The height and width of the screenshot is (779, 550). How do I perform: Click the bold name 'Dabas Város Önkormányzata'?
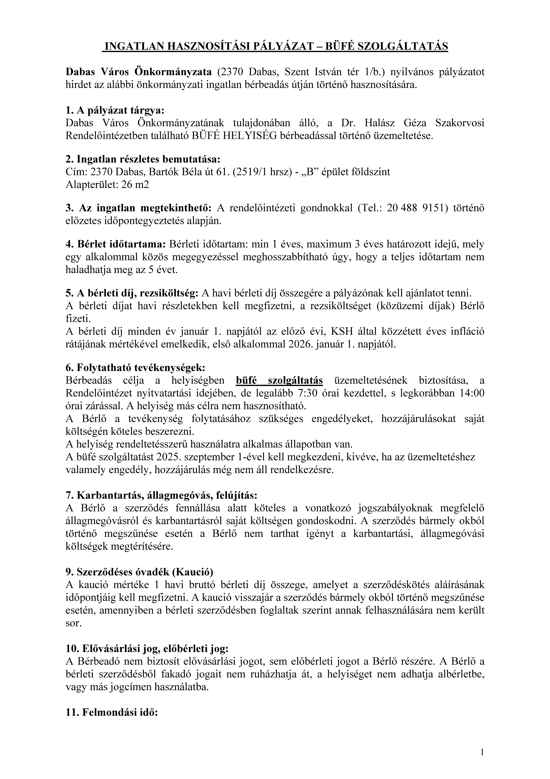coord(139,72)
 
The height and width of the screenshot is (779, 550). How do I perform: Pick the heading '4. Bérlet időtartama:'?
coord(115,244)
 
